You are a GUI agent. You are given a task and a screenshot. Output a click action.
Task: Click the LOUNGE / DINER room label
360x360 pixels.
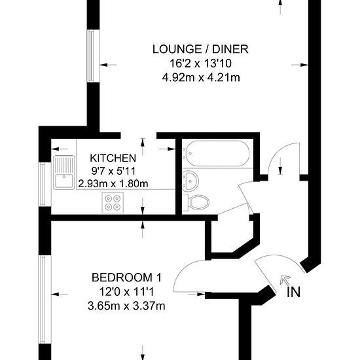(200, 49)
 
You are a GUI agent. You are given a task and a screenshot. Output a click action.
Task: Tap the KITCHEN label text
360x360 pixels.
(113, 158)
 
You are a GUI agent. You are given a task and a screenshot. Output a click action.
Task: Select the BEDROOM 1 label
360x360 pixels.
(126, 278)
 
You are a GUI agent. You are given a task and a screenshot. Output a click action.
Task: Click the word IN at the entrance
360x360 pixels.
(294, 293)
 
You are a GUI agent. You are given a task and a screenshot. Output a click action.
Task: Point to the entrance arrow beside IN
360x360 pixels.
(285, 280)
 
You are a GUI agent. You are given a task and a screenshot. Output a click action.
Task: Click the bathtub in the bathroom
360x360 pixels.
(216, 153)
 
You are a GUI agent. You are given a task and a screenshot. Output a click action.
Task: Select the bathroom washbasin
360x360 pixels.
(190, 180)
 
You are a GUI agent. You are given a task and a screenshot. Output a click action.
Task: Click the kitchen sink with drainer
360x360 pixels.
(64, 172)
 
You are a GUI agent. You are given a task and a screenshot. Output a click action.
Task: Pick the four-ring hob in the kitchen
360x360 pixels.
(113, 203)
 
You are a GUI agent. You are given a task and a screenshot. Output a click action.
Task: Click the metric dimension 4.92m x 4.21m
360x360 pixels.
(201, 78)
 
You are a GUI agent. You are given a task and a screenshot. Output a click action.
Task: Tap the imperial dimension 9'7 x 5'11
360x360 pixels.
(113, 171)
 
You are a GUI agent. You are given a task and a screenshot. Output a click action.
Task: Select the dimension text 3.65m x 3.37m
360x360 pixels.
(126, 306)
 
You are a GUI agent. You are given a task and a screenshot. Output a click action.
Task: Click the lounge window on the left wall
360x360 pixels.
(91, 56)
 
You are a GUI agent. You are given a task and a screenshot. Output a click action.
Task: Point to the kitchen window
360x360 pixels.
(43, 184)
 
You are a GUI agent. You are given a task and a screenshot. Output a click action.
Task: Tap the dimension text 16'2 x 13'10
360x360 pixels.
(200, 63)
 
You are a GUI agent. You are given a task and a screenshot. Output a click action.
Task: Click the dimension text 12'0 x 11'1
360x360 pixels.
(126, 292)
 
